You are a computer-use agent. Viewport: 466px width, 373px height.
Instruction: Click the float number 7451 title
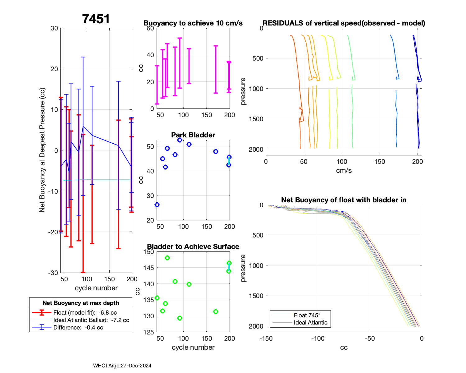click(96, 19)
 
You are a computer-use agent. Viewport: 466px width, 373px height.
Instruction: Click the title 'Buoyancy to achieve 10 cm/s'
click(193, 23)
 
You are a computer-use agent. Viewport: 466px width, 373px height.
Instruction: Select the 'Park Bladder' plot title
click(193, 135)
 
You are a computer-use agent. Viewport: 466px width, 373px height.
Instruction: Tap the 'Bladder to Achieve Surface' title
click(193, 246)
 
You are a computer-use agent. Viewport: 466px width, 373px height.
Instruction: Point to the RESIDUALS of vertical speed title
click(344, 23)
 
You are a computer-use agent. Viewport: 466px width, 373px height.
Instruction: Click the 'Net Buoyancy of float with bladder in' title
click(344, 200)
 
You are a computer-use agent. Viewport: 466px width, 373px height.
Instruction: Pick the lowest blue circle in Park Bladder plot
click(157, 205)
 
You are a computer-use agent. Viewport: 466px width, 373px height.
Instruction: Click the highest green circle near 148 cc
click(167, 258)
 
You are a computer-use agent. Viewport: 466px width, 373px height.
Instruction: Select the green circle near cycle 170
click(216, 311)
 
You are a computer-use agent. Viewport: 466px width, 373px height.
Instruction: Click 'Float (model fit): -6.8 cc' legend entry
click(85, 313)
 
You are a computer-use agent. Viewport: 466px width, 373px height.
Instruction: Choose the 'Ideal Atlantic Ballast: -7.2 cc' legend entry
click(91, 320)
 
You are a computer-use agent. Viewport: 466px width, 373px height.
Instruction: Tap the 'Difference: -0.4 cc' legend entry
click(78, 328)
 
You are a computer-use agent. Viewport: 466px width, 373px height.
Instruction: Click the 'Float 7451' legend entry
click(307, 315)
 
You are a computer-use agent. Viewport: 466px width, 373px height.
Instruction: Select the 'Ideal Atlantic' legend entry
click(310, 323)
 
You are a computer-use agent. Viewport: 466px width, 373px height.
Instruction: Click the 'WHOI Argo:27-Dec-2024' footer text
click(122, 366)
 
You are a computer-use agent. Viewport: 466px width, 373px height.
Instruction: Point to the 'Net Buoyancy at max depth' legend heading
click(81, 303)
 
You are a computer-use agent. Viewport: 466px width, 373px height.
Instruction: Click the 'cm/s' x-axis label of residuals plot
click(344, 170)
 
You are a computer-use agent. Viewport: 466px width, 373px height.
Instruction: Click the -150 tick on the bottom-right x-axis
click(266, 338)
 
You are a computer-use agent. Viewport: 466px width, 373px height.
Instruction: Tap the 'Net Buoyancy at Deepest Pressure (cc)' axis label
click(42, 150)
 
